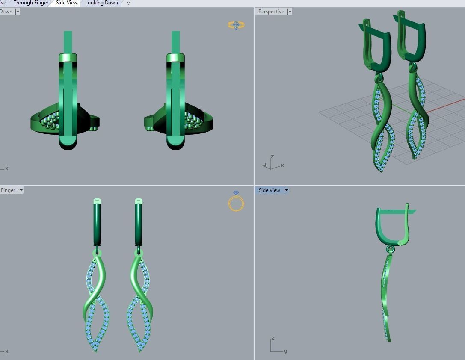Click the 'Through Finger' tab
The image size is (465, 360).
coord(31,3)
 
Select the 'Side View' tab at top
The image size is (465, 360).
coord(67,3)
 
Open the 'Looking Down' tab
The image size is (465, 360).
coord(101,3)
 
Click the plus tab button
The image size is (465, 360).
coord(128,3)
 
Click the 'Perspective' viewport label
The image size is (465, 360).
coord(271,12)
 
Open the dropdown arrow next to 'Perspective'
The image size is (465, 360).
coord(290,12)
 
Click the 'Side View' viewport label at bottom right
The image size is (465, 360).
coord(269,190)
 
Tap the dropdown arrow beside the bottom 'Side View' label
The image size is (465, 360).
coord(286,190)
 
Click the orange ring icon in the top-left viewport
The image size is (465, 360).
coord(236,25)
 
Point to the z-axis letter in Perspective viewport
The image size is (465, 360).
coord(272,157)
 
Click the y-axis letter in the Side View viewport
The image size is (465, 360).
coord(285,351)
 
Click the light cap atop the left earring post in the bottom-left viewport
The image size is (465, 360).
coord(97,201)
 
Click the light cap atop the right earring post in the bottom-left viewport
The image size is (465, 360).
coord(139,201)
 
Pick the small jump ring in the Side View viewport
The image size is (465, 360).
coord(390,249)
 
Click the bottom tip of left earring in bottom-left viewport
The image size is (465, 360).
coord(96,351)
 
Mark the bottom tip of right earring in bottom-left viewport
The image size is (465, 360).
coord(140,351)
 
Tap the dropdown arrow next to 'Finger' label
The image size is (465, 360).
coord(21,190)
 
